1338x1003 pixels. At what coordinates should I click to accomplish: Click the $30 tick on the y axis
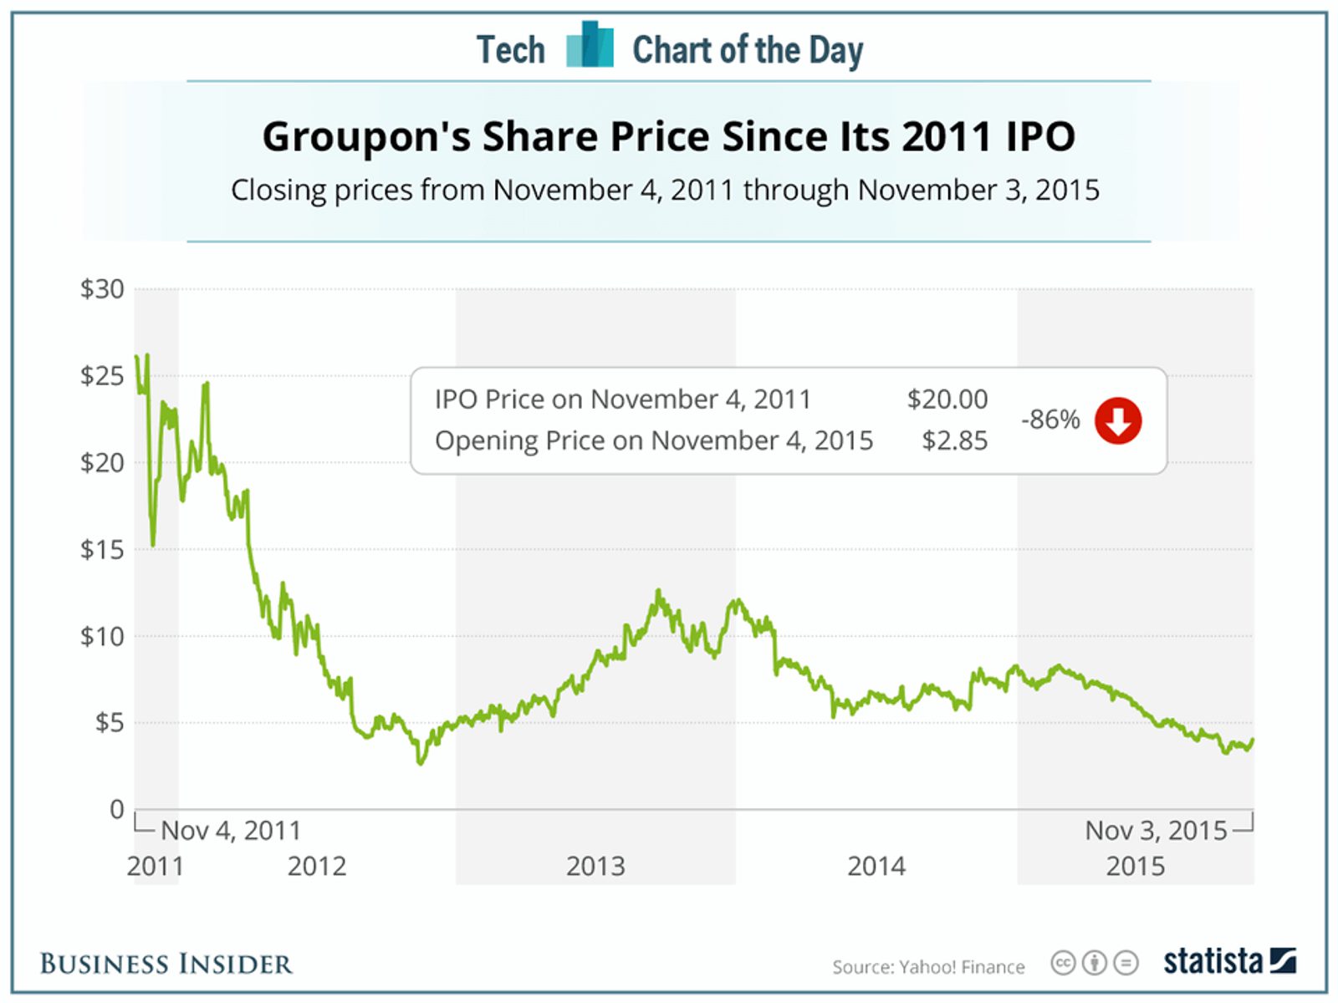point(102,289)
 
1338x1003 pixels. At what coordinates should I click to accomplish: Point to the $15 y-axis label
point(102,549)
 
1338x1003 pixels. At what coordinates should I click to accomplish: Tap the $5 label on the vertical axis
point(109,722)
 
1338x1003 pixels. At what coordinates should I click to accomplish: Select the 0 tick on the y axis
point(117,809)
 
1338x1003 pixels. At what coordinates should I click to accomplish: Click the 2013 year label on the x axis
point(595,866)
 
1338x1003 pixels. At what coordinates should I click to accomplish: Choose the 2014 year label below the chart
point(876,866)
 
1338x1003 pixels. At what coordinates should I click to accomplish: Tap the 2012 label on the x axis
point(317,866)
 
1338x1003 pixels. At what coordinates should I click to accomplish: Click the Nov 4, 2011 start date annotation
point(231,830)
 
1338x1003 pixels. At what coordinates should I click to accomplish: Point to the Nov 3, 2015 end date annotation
point(1156,830)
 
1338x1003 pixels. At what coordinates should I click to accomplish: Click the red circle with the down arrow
point(1118,420)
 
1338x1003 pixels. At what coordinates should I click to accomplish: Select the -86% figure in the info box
point(1050,420)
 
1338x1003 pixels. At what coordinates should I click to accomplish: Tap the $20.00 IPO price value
point(947,400)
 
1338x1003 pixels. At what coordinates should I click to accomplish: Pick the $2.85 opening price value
point(954,440)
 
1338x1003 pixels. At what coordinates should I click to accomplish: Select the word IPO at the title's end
point(1040,136)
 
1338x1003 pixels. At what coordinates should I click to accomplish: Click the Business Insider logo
point(166,964)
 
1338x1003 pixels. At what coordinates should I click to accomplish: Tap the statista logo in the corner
point(1229,961)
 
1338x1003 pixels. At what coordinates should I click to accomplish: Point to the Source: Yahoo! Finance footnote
point(928,967)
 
